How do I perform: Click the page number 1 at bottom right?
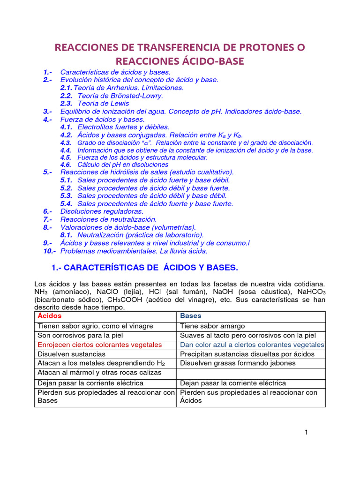point(306,433)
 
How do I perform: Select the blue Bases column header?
point(191,316)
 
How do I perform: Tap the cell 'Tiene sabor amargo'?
point(212,326)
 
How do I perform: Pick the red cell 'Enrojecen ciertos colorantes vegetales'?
point(99,345)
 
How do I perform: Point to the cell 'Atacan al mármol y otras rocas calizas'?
point(99,373)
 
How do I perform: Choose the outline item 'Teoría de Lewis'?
point(103,103)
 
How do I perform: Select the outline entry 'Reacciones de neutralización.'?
point(108,219)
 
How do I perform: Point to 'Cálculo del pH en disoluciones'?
point(122,165)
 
